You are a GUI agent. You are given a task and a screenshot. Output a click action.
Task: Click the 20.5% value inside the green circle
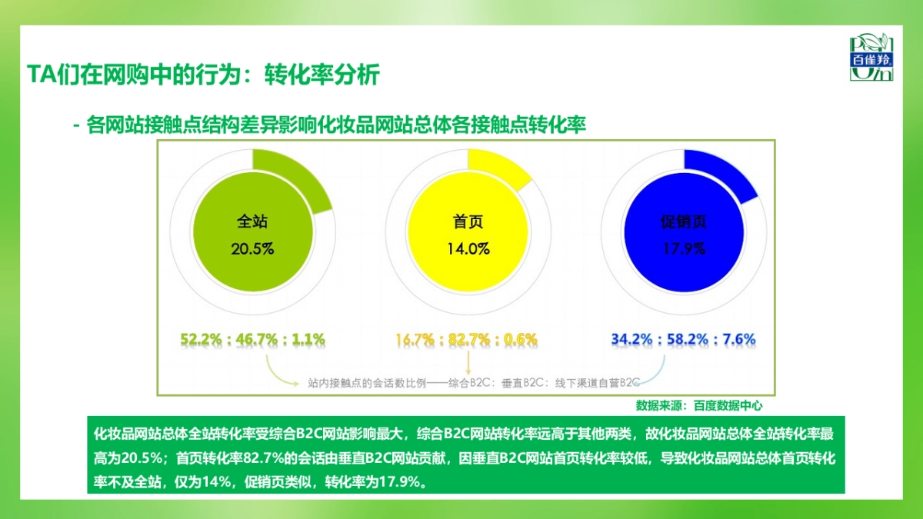252,249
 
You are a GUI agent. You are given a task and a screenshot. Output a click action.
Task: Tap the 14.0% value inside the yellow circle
468,249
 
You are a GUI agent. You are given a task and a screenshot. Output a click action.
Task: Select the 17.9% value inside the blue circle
684,249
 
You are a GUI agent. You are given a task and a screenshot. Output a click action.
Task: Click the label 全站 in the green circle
252,222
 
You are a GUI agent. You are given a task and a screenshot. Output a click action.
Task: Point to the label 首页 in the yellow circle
468,222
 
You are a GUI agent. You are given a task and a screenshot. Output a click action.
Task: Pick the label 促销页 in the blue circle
684,222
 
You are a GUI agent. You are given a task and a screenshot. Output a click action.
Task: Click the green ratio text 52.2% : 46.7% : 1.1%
253,338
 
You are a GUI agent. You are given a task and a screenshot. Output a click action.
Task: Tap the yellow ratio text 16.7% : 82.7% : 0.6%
467,338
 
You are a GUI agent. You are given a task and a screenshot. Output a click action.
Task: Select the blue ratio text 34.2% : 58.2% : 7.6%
683,338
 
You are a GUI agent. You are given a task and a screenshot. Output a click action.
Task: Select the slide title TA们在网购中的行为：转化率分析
203,75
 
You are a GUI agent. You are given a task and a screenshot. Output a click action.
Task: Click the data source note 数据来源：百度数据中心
699,404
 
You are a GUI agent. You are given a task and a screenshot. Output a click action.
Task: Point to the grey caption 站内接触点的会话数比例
474,381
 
